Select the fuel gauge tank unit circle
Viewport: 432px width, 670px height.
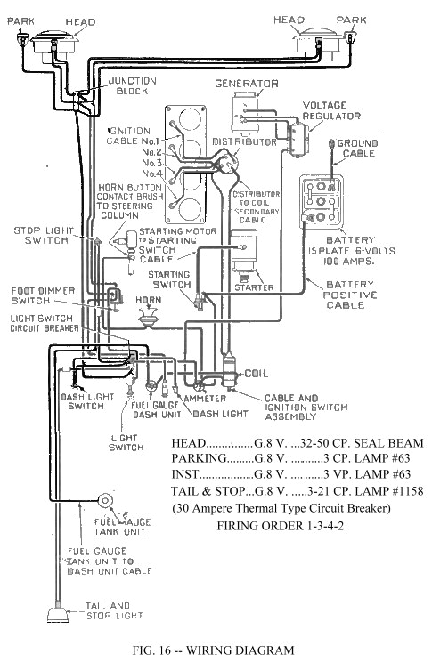[x=105, y=501]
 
